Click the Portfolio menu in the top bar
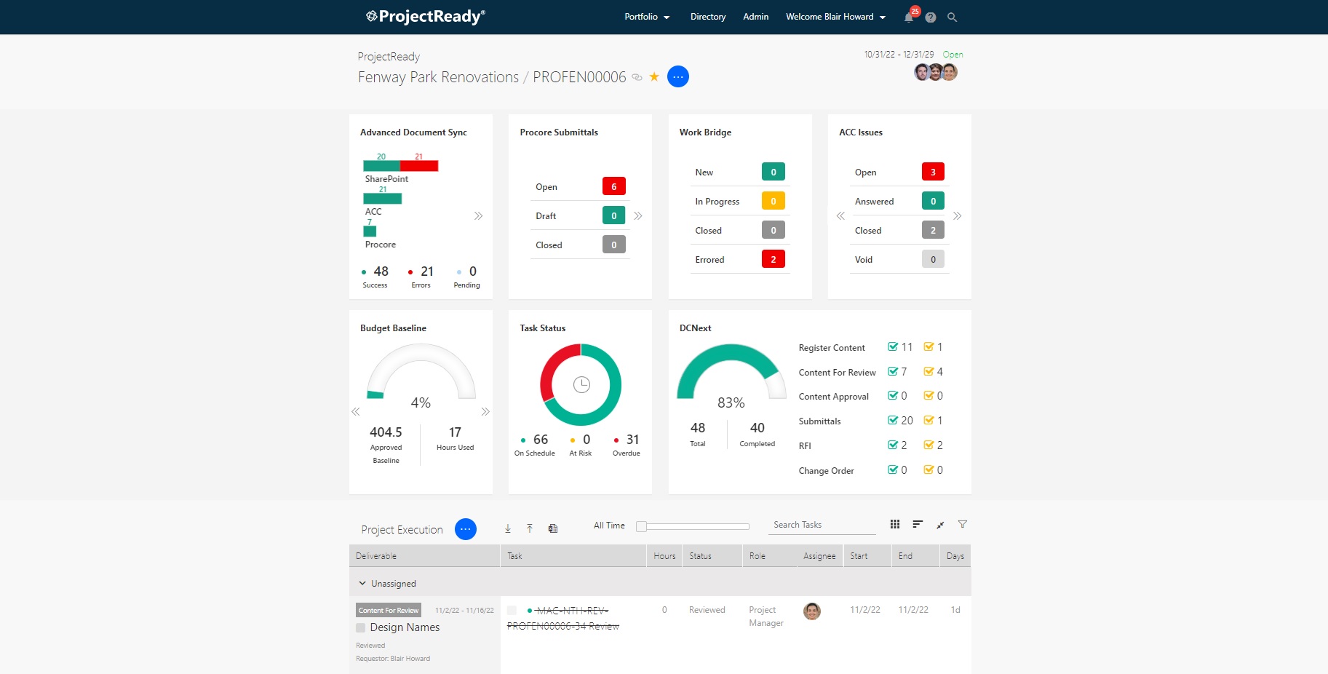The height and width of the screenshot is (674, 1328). click(x=646, y=17)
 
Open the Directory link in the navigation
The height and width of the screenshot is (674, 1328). click(x=708, y=17)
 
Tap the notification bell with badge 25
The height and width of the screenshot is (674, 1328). click(x=909, y=17)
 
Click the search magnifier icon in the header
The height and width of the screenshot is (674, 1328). click(x=952, y=17)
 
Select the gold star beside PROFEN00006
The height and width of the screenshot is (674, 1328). click(x=654, y=76)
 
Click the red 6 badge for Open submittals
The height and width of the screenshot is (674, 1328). click(x=613, y=186)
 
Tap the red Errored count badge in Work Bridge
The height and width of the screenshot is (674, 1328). click(x=773, y=259)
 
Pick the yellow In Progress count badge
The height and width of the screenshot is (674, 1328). click(x=773, y=201)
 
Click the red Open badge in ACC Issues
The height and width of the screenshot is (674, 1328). click(x=933, y=172)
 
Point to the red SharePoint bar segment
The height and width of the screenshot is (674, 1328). click(x=419, y=166)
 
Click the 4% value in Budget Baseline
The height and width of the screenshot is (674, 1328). click(x=421, y=403)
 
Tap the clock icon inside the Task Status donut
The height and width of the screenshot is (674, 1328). click(x=581, y=384)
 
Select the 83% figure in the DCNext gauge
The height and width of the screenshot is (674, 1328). click(x=731, y=403)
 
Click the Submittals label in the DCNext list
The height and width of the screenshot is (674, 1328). click(x=819, y=421)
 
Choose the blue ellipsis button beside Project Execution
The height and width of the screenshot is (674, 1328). click(x=466, y=529)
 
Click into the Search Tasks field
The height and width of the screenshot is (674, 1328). click(x=823, y=525)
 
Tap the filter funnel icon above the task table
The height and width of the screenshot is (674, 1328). click(x=963, y=524)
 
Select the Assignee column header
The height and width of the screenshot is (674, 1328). click(x=819, y=556)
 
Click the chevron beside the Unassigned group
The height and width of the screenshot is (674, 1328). click(x=362, y=584)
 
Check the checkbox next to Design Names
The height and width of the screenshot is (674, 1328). click(x=360, y=627)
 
